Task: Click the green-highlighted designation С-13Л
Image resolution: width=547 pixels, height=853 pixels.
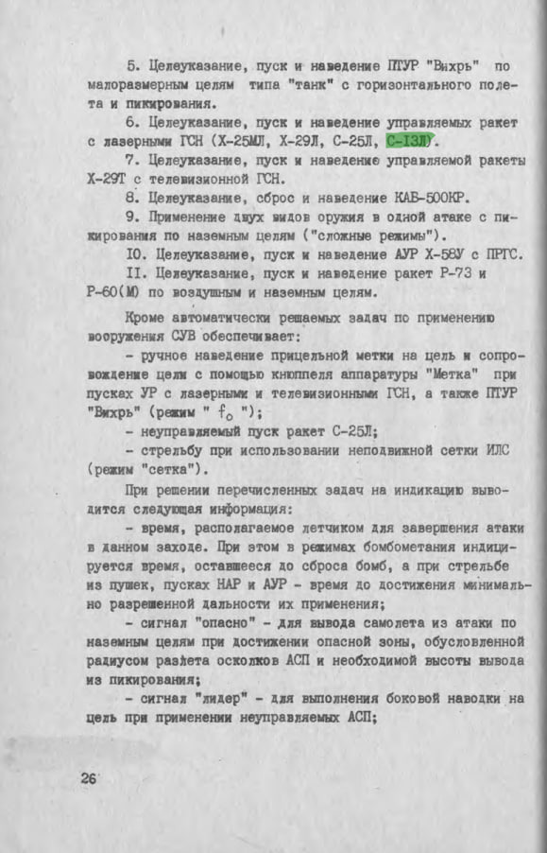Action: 408,141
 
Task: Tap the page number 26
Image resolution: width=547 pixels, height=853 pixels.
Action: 90,779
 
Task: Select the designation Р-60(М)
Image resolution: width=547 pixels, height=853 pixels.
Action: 112,291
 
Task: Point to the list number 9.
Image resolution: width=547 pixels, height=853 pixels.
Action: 130,216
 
